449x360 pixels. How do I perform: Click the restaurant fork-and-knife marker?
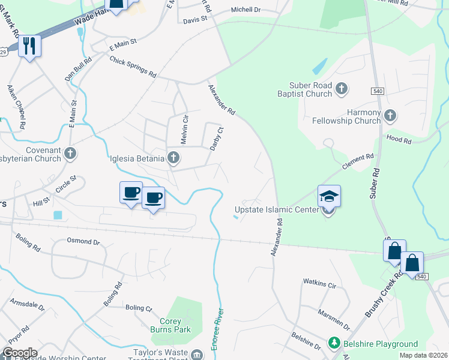tap(29, 46)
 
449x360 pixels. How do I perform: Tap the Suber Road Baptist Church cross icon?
tap(342, 89)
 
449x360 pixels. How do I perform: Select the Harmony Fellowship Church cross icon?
tap(390, 115)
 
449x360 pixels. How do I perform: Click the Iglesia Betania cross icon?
tap(173, 158)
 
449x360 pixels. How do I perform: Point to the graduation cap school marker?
tap(329, 196)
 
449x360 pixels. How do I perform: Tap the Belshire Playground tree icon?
tap(333, 344)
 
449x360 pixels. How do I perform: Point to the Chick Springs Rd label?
tap(133, 67)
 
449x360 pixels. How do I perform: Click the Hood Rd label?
tap(399, 140)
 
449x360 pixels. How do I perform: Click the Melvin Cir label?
tap(184, 129)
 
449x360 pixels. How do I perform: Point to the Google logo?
tap(20, 353)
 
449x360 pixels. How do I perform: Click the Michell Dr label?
tap(246, 10)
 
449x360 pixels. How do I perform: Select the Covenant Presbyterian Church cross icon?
tap(71, 154)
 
